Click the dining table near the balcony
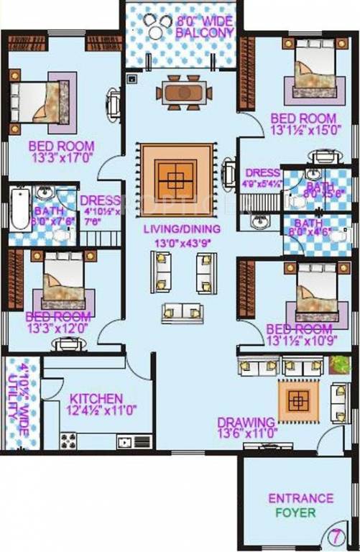click(183, 92)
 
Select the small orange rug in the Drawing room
click(297, 400)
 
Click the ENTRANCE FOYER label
click(300, 505)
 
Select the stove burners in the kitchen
click(68, 440)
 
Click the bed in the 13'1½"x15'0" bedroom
click(313, 70)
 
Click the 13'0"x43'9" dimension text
click(181, 243)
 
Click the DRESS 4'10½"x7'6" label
click(99, 211)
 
